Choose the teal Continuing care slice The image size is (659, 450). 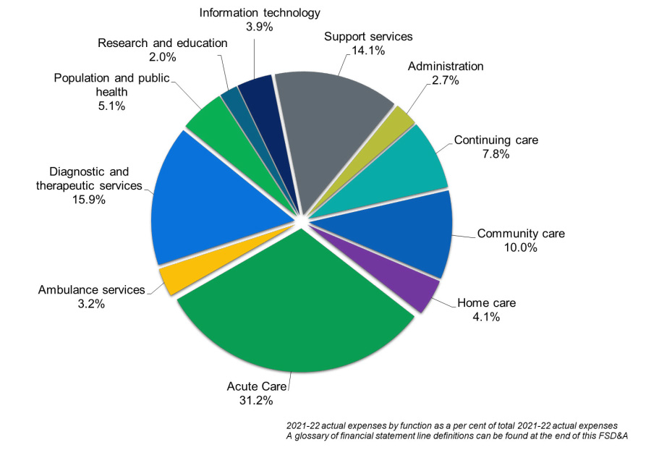412,166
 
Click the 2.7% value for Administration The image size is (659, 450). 446,81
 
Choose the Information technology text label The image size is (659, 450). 260,12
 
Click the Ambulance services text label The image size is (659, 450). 91,290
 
